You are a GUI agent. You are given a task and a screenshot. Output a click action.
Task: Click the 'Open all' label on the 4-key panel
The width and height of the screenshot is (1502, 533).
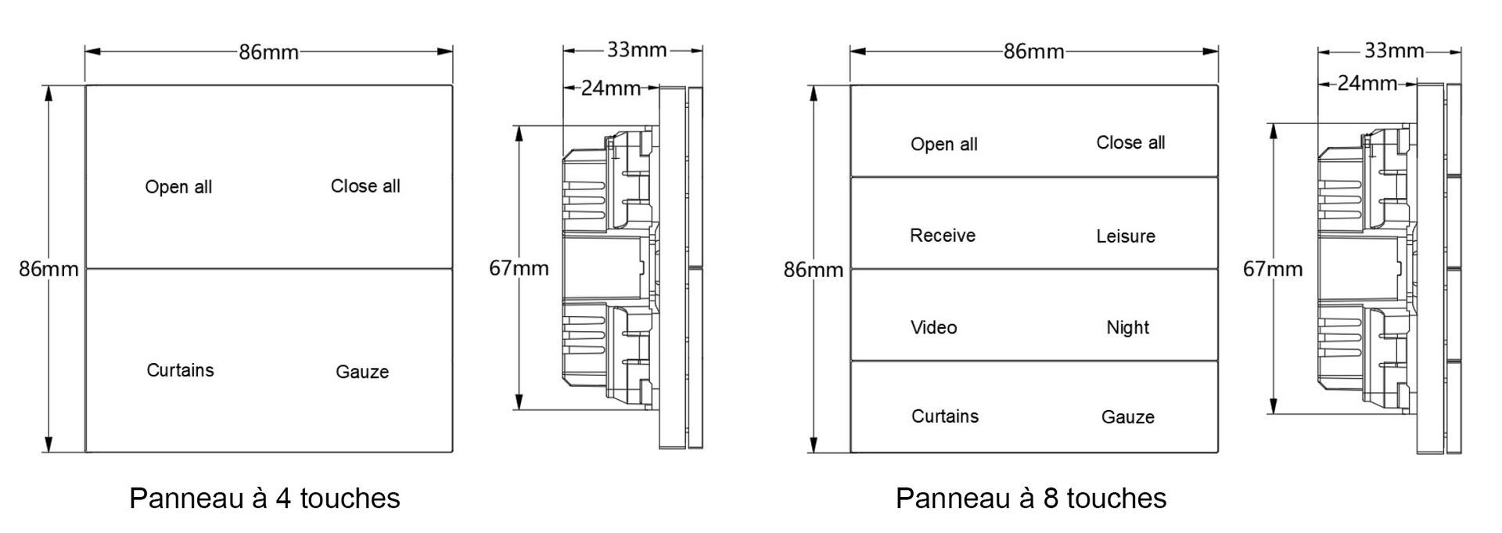tap(178, 187)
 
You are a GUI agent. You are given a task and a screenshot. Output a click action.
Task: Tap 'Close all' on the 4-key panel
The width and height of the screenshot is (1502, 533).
tap(365, 186)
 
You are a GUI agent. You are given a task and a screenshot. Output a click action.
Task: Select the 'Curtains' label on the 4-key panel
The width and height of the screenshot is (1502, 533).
tap(180, 370)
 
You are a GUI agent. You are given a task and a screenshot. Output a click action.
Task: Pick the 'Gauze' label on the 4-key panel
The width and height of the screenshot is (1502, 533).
tap(362, 372)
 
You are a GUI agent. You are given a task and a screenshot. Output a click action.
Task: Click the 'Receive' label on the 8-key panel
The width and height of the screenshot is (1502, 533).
tap(943, 236)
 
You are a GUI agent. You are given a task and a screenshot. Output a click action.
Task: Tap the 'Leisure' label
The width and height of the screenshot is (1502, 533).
tap(1126, 236)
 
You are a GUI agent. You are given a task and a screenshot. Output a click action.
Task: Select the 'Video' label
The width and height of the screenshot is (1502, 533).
tap(933, 327)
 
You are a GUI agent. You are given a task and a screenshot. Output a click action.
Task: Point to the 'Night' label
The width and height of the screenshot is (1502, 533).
tap(1127, 327)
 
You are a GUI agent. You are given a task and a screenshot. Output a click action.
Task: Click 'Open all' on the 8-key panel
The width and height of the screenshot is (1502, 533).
tap(944, 144)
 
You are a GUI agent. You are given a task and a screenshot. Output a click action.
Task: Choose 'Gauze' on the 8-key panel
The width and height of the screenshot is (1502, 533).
tap(1128, 417)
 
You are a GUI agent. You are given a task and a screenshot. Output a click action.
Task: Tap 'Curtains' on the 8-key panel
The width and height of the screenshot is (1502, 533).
tap(945, 416)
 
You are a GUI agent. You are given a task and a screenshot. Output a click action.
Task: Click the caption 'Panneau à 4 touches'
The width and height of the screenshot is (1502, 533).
tap(264, 498)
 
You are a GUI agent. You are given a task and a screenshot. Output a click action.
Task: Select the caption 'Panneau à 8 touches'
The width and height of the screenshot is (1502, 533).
tap(1031, 498)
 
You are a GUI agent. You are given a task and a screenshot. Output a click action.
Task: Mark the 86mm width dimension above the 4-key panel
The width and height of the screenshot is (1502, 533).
tap(268, 52)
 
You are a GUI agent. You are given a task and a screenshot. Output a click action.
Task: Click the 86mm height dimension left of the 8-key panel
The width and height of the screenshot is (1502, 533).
tap(814, 270)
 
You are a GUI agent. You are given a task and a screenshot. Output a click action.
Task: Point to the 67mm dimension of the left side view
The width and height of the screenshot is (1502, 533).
tap(519, 268)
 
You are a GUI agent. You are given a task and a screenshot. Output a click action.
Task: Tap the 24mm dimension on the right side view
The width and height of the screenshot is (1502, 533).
tap(1367, 83)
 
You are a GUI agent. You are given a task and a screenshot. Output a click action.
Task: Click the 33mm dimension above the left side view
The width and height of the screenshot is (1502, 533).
tap(637, 51)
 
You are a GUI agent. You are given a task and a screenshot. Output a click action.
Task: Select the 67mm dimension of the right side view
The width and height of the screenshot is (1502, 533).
tap(1273, 269)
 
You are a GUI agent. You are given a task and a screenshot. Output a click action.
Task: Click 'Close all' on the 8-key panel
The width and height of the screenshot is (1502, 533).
tap(1130, 142)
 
